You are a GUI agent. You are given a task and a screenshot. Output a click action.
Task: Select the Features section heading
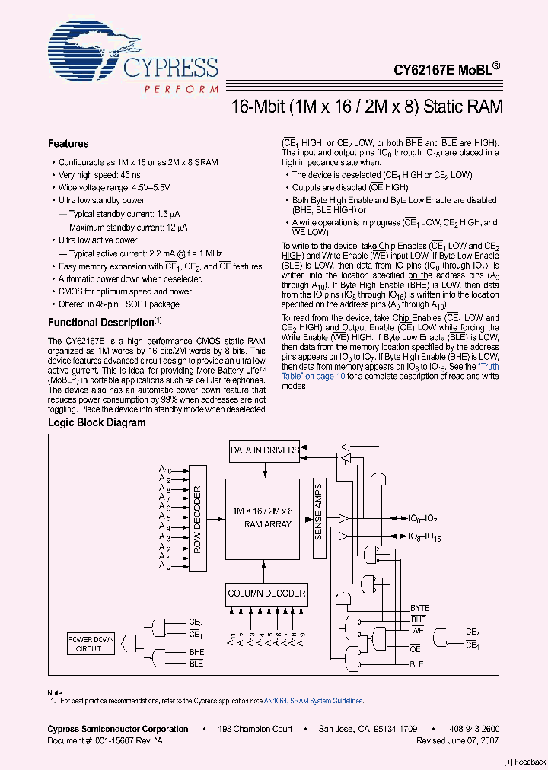(68, 144)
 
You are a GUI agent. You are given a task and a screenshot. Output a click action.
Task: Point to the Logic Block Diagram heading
(97, 422)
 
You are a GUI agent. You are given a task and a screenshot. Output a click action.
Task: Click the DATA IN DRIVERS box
(264, 450)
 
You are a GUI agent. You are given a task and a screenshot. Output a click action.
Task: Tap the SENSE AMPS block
(318, 512)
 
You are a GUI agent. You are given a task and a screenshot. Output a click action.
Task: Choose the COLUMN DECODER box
(266, 593)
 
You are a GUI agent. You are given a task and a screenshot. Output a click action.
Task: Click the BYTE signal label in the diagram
(419, 608)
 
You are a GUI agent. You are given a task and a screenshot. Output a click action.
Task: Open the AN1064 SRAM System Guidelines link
(313, 701)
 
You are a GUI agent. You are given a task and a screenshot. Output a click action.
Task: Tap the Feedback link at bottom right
(525, 762)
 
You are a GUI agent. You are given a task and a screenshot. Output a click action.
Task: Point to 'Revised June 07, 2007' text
(457, 740)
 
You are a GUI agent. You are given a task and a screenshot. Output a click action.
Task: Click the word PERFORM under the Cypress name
(181, 90)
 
